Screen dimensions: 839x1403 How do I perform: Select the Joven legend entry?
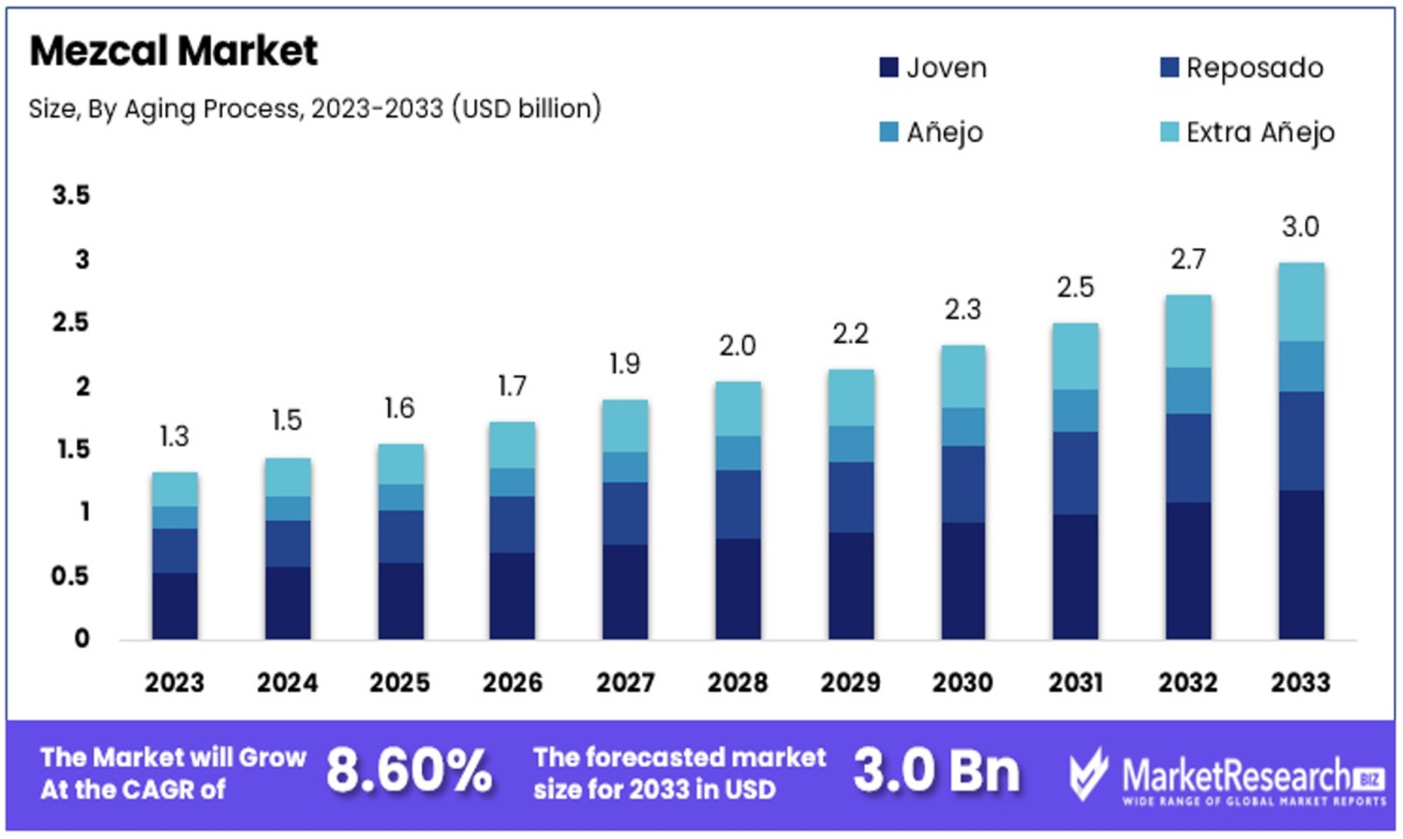(x=933, y=68)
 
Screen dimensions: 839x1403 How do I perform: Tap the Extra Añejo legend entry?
(x=1248, y=132)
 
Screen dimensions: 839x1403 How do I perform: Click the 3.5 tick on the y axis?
(x=71, y=195)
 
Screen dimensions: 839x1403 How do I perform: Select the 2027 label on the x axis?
(x=625, y=682)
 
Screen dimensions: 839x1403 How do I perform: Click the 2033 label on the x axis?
(x=1301, y=682)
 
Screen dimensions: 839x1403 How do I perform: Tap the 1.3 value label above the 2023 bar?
(x=174, y=436)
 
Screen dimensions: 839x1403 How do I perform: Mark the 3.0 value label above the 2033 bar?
(x=1301, y=227)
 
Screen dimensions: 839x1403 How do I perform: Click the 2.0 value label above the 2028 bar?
(x=738, y=346)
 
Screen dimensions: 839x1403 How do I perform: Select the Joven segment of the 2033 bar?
(x=1301, y=565)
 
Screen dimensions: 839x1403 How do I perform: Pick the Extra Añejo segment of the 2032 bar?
(x=1188, y=331)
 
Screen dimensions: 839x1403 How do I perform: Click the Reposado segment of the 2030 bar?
(x=963, y=484)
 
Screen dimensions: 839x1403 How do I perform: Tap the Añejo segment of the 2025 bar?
(x=400, y=497)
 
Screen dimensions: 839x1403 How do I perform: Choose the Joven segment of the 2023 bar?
(x=175, y=606)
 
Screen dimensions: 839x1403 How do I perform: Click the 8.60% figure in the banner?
(x=409, y=771)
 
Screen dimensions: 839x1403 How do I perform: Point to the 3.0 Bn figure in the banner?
(x=937, y=771)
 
